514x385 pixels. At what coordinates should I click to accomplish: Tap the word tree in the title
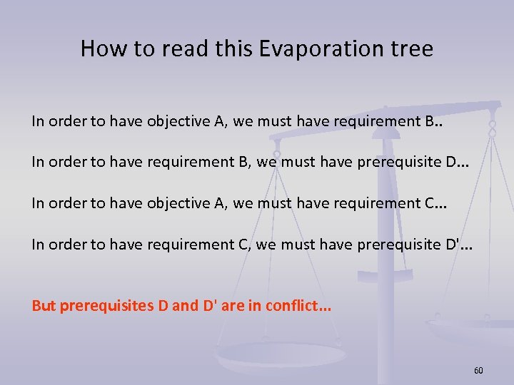pyautogui.click(x=409, y=48)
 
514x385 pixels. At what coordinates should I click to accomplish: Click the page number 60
pyautogui.click(x=478, y=371)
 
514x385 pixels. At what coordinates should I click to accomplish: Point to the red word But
pyautogui.click(x=44, y=307)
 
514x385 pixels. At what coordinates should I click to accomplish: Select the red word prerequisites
pyautogui.click(x=106, y=307)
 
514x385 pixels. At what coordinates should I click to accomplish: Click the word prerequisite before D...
pyautogui.click(x=393, y=163)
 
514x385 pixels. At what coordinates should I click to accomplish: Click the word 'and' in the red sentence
pyautogui.click(x=186, y=307)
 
